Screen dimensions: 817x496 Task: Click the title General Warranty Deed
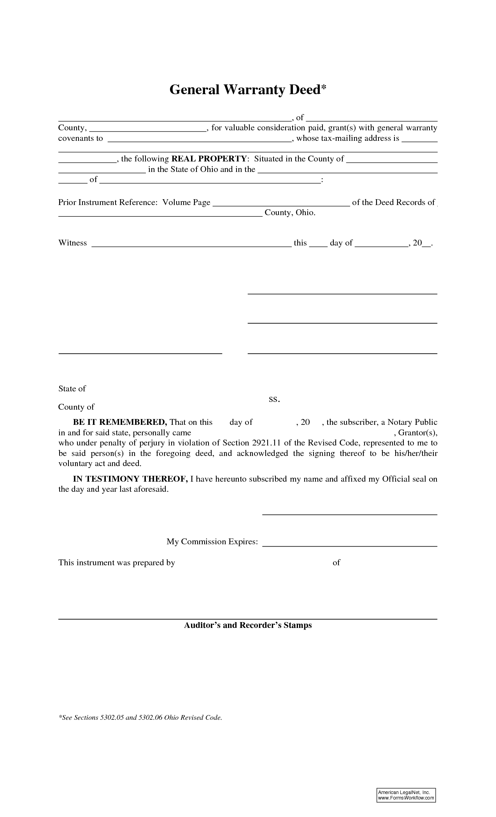pyautogui.click(x=248, y=90)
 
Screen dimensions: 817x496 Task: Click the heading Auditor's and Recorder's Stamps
pyautogui.click(x=248, y=625)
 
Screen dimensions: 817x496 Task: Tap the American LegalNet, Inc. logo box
pyautogui.click(x=406, y=795)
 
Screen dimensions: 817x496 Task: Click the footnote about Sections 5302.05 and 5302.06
pyautogui.click(x=140, y=717)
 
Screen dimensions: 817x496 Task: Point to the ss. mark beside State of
pyautogui.click(x=274, y=399)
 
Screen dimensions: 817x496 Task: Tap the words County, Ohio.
pyautogui.click(x=290, y=213)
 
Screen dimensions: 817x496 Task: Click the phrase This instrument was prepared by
pyautogui.click(x=117, y=563)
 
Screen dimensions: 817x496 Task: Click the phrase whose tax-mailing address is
pyautogui.click(x=348, y=138)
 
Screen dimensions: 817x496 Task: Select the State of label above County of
pyautogui.click(x=72, y=389)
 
